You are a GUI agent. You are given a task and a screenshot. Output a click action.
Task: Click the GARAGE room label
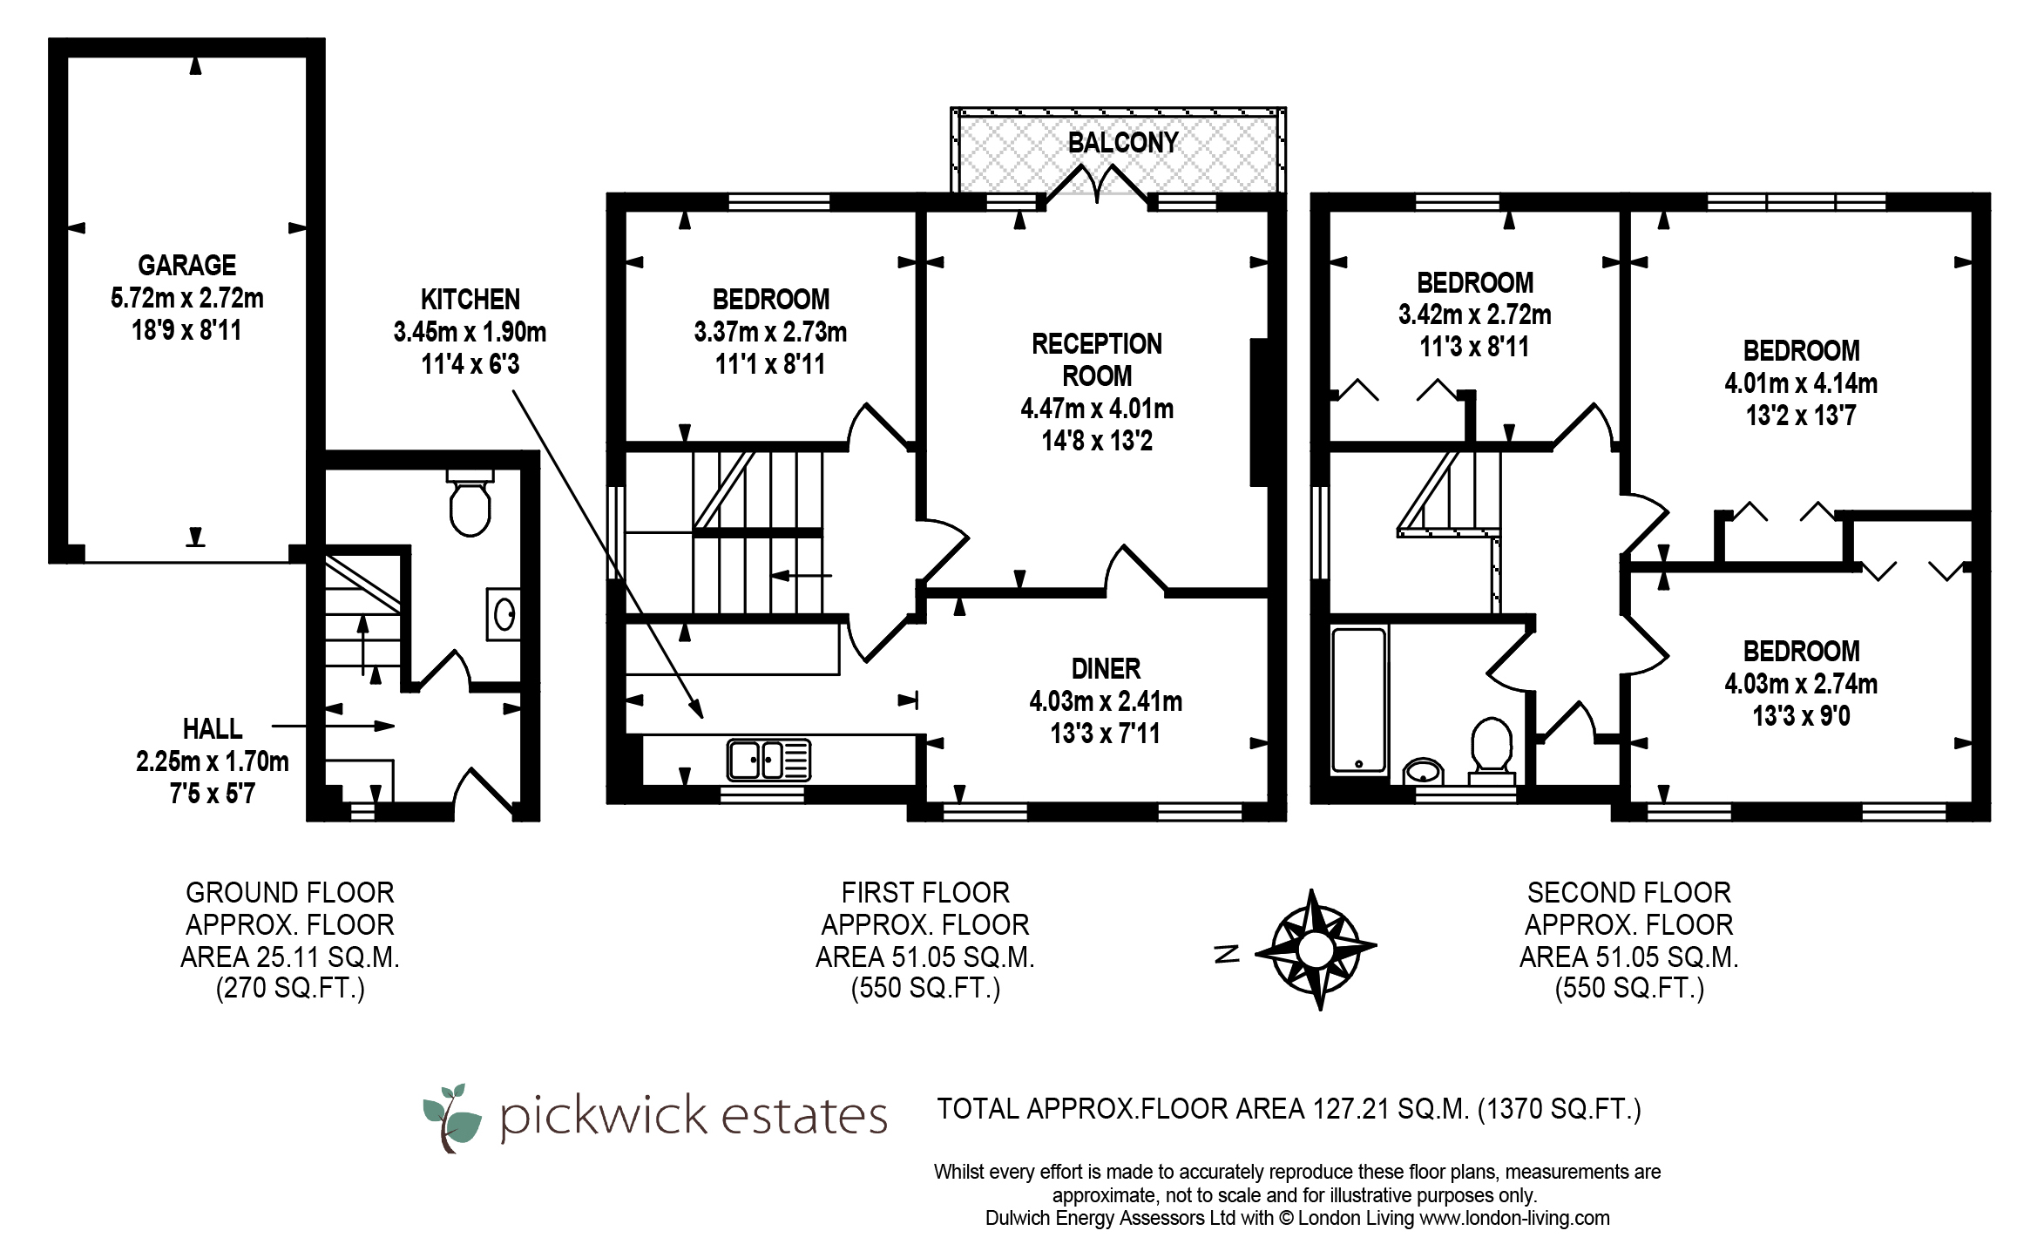[186, 265]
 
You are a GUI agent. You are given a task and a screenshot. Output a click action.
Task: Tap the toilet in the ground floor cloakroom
[470, 503]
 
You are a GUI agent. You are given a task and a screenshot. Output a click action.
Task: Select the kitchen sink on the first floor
[768, 760]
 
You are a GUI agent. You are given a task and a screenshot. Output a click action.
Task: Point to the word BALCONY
[1122, 142]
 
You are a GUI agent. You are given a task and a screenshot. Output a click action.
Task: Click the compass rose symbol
[1316, 950]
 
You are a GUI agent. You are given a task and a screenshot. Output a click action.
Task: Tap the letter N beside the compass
[1227, 954]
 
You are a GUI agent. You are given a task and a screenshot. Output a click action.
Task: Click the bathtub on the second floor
[1358, 700]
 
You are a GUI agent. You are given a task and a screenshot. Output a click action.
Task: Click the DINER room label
[1106, 668]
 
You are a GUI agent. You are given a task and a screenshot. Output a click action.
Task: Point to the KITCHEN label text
[470, 299]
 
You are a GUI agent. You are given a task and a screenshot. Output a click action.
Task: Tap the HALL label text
[213, 728]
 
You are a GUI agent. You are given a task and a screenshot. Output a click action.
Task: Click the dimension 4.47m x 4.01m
[1097, 408]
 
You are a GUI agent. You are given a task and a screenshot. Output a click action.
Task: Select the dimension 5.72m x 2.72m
[186, 298]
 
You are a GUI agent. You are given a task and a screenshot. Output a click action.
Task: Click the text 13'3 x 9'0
[1801, 716]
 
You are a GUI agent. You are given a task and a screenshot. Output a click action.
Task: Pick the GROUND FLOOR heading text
[290, 892]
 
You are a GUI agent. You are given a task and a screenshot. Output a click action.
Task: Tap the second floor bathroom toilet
[1492, 747]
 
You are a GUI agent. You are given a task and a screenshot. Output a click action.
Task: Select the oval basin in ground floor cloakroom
[504, 615]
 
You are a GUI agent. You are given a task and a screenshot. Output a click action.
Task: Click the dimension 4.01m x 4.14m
[1801, 383]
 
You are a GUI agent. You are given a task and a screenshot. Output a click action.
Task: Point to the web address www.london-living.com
[1515, 1218]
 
